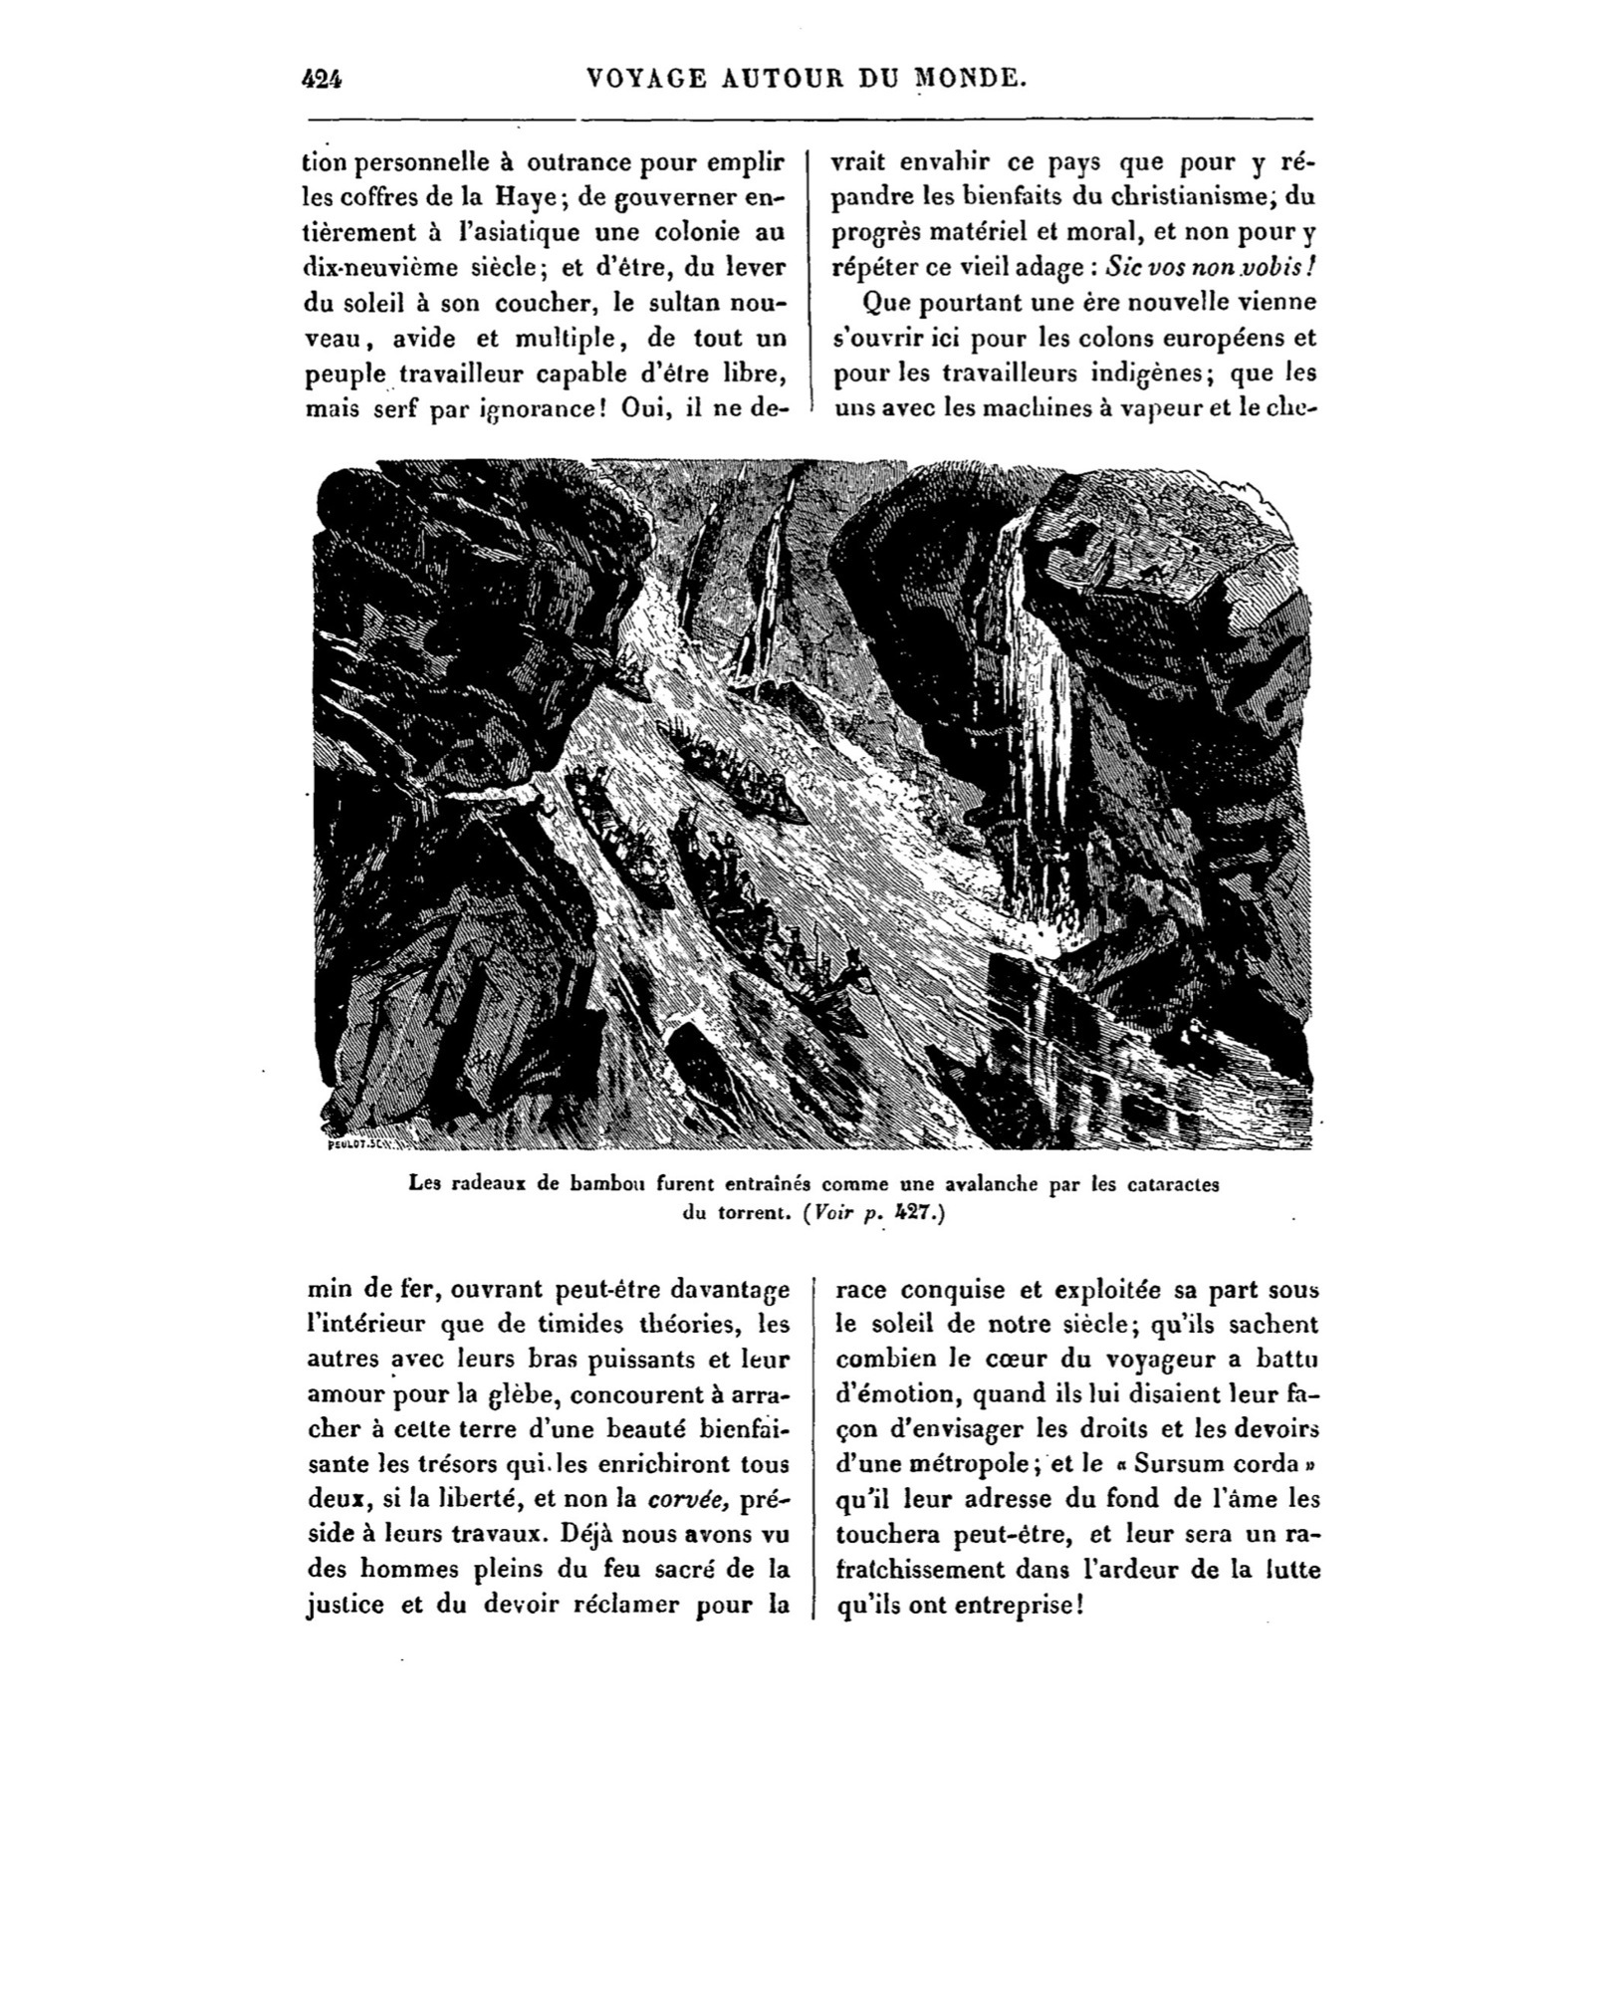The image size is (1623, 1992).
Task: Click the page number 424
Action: point(322,79)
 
